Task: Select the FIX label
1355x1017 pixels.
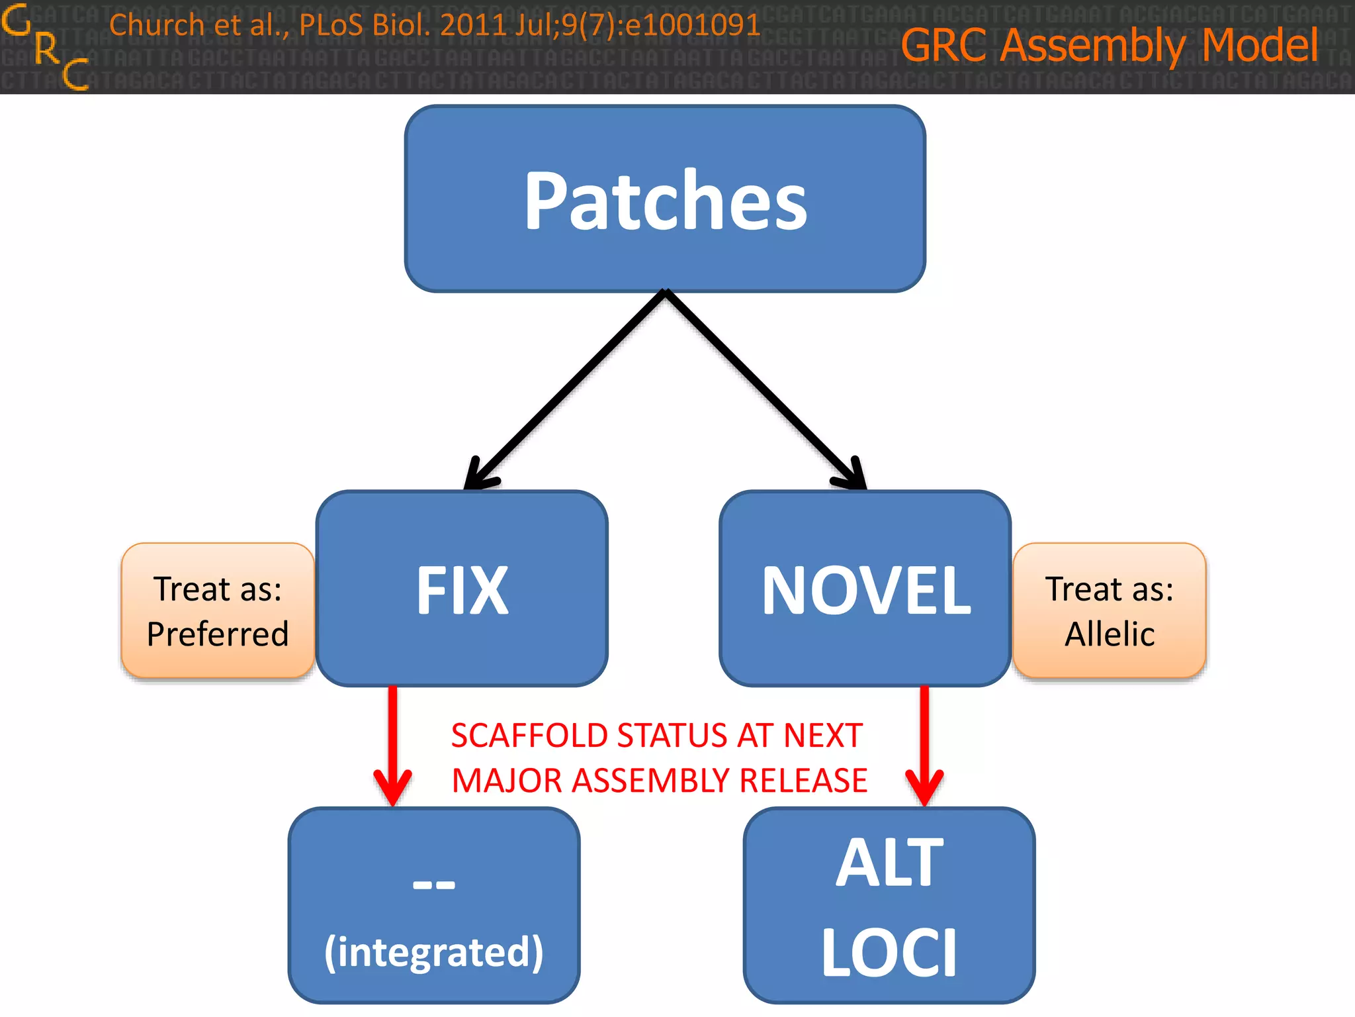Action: [x=462, y=591]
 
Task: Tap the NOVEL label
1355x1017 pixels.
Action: [x=865, y=591]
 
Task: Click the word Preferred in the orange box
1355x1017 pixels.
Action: [x=218, y=634]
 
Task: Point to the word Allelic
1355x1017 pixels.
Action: [x=1110, y=634]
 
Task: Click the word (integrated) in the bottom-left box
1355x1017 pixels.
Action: [x=434, y=952]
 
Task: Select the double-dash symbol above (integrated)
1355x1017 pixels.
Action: [x=434, y=885]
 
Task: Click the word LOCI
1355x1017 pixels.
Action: [x=889, y=953]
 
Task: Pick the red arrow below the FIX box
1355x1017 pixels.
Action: [x=393, y=748]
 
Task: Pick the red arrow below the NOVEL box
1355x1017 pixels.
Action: [x=924, y=748]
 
